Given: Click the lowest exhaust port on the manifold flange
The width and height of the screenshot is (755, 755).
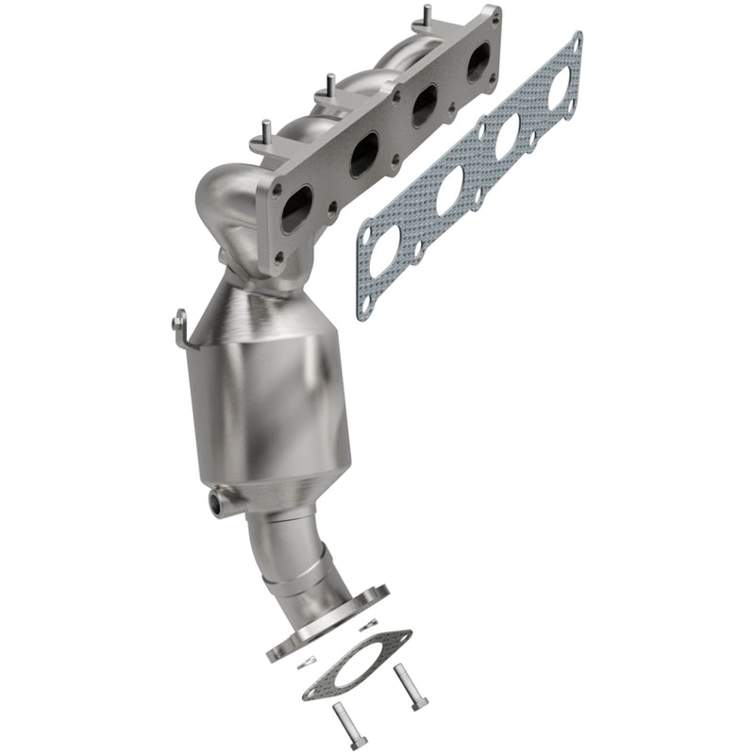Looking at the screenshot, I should (295, 209).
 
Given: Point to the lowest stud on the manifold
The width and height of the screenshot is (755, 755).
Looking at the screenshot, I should (264, 130).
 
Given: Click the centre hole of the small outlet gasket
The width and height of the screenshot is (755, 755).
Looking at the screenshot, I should (357, 664).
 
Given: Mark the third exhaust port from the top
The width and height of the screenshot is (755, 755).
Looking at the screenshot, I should (363, 154).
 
